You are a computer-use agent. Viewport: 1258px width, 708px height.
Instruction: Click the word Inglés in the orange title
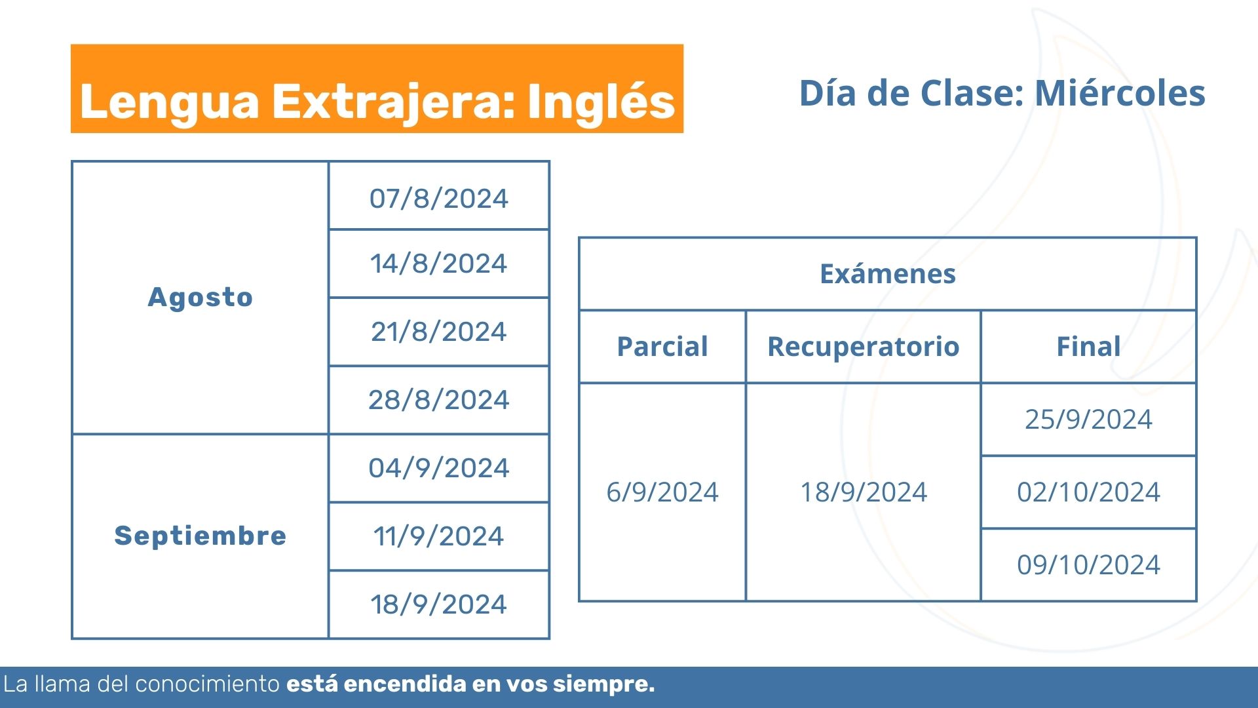click(x=601, y=102)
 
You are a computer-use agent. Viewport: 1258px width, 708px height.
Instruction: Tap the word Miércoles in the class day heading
click(x=1120, y=93)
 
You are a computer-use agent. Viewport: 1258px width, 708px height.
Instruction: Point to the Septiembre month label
click(x=200, y=536)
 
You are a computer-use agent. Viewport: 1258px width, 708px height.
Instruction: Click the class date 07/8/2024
click(x=439, y=198)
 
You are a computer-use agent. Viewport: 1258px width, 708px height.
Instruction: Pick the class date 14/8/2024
click(x=439, y=264)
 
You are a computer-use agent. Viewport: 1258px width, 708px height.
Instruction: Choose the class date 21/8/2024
click(x=439, y=332)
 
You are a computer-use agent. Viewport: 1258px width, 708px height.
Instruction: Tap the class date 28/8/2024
click(x=439, y=400)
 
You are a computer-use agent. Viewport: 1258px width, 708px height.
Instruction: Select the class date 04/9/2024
click(x=439, y=468)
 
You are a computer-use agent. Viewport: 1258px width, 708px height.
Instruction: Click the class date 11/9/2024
click(x=439, y=536)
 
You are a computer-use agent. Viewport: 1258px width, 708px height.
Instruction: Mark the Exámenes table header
click(x=888, y=273)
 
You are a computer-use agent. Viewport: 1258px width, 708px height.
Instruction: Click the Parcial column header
click(x=662, y=346)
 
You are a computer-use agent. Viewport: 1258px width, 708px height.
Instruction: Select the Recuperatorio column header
click(x=864, y=347)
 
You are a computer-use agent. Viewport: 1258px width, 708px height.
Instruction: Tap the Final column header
click(x=1088, y=346)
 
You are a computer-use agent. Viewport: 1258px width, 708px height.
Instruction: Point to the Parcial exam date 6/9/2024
click(x=662, y=492)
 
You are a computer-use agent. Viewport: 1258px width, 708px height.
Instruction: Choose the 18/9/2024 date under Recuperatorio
click(x=864, y=492)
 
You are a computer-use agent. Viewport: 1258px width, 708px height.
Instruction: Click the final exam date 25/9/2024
click(x=1088, y=419)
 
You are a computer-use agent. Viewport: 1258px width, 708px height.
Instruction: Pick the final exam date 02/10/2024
click(x=1088, y=492)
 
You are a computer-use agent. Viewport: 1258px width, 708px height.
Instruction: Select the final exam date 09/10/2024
click(x=1088, y=564)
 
